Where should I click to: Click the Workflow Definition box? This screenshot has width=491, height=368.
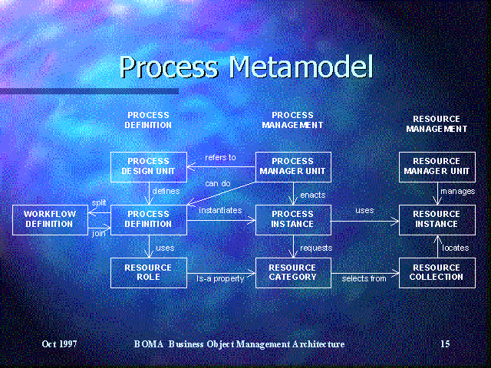tap(50, 220)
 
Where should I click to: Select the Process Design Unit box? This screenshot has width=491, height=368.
tap(149, 167)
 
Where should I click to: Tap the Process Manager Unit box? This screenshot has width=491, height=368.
tap(293, 167)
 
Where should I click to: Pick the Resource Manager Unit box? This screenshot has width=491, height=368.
tap(437, 167)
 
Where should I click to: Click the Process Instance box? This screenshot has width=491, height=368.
tap(293, 220)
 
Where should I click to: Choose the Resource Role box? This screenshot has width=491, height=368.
tap(149, 273)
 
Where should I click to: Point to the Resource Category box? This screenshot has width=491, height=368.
tap(293, 273)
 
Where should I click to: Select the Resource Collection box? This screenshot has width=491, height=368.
tap(437, 273)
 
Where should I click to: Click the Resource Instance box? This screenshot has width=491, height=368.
tap(437, 220)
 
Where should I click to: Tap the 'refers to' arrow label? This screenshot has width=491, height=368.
tap(220, 157)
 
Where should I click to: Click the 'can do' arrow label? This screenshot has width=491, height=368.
tap(218, 183)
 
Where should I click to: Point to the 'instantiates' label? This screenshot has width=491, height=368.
tap(220, 210)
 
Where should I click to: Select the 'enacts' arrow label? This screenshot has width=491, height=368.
tap(313, 195)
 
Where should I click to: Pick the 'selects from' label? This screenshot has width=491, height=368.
tap(364, 278)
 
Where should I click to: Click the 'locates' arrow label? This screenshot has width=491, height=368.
tap(456, 248)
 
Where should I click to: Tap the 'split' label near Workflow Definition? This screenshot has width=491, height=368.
tap(99, 202)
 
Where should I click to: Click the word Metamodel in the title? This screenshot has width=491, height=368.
tap(302, 67)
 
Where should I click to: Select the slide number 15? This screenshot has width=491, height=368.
tap(445, 344)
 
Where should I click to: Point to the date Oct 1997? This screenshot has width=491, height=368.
tap(60, 344)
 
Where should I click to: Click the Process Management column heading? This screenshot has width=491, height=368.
tap(292, 120)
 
